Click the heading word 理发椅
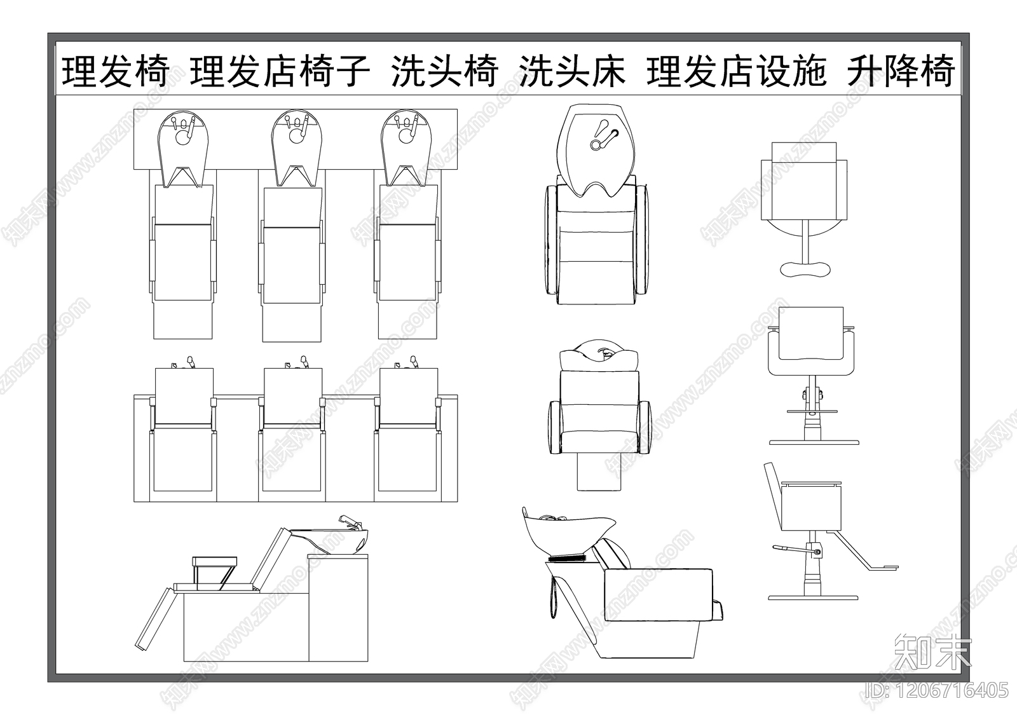(115, 71)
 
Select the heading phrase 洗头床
(572, 71)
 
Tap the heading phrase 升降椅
(901, 71)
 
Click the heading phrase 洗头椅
(444, 71)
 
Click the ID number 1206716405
(937, 690)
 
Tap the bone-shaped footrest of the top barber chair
(805, 268)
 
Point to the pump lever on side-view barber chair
(788, 548)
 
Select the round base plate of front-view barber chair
(814, 442)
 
